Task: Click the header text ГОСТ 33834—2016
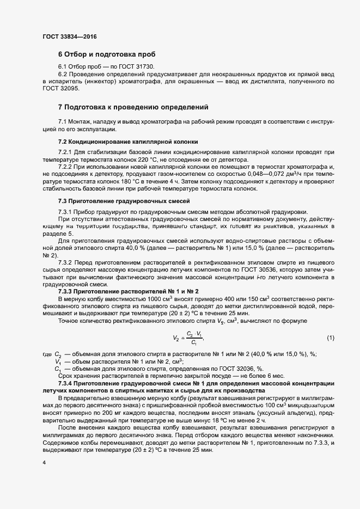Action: (x=70, y=36)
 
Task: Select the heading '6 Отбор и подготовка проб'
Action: (x=107, y=54)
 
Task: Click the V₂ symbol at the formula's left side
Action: (x=176, y=338)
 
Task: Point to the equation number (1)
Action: (x=330, y=338)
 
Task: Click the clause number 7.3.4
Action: (x=67, y=384)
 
